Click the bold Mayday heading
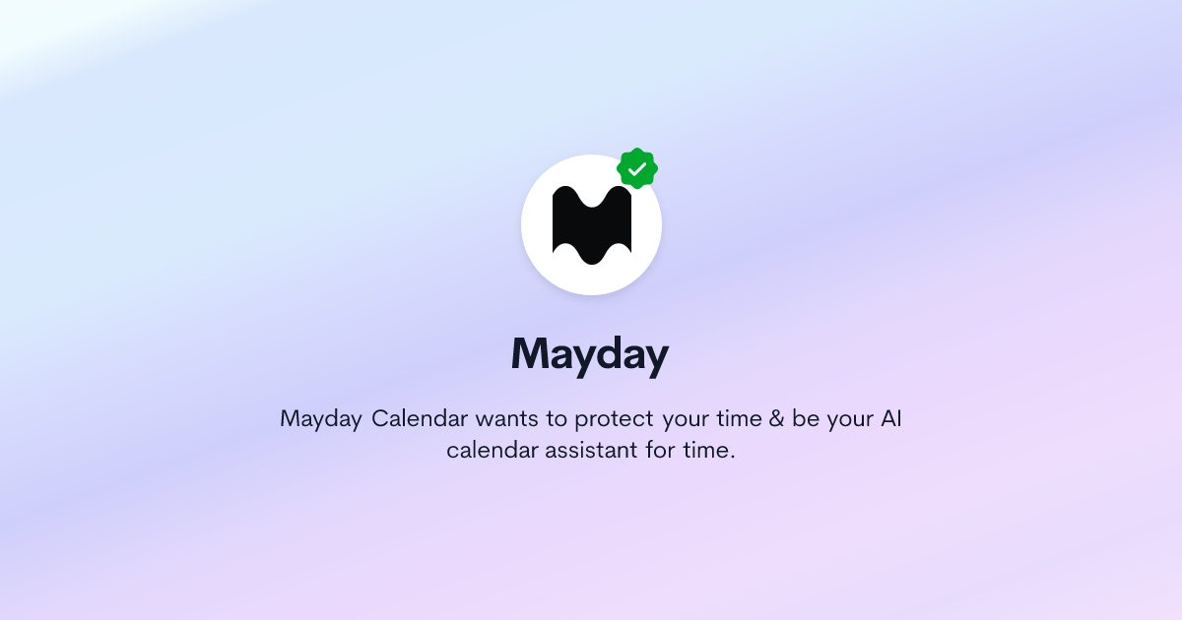(590, 353)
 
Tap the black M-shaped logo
(591, 225)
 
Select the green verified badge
(637, 169)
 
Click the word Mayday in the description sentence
(321, 419)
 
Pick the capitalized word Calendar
(420, 419)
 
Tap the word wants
(507, 419)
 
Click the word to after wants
(558, 419)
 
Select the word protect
(615, 419)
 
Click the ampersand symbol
(777, 419)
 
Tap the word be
(807, 419)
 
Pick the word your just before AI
(848, 419)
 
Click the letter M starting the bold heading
(532, 353)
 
